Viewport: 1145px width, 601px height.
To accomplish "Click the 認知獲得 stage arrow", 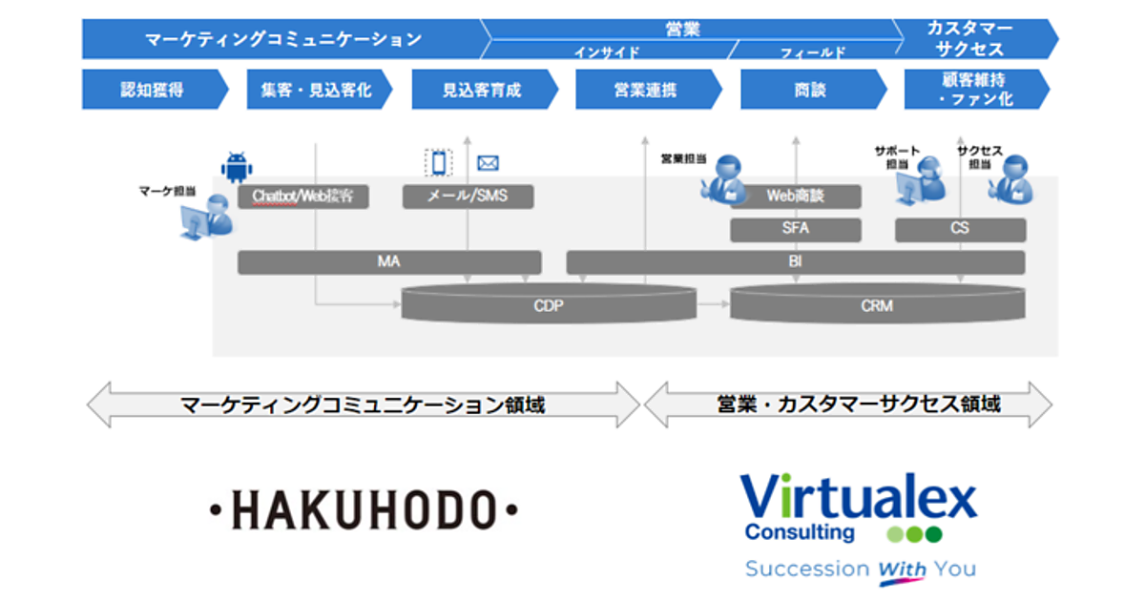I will [153, 90].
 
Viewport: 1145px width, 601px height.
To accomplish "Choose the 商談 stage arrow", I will [810, 90].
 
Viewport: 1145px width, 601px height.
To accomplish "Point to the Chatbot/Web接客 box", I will [303, 197].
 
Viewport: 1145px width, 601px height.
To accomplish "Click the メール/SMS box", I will [468, 197].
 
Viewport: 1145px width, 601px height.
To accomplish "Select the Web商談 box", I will [796, 197].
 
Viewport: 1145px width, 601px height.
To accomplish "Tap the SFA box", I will [796, 229].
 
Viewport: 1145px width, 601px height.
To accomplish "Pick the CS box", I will [960, 229].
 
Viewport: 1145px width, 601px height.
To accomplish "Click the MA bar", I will [389, 261].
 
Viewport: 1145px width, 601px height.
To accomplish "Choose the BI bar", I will [796, 261].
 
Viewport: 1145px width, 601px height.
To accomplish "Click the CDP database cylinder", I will [549, 305].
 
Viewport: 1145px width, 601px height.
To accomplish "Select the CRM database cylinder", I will [878, 305].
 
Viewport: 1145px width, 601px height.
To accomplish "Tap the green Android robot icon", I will [237, 168].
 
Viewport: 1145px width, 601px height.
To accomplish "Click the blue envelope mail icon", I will [489, 163].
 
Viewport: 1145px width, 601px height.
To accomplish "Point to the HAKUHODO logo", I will [364, 510].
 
